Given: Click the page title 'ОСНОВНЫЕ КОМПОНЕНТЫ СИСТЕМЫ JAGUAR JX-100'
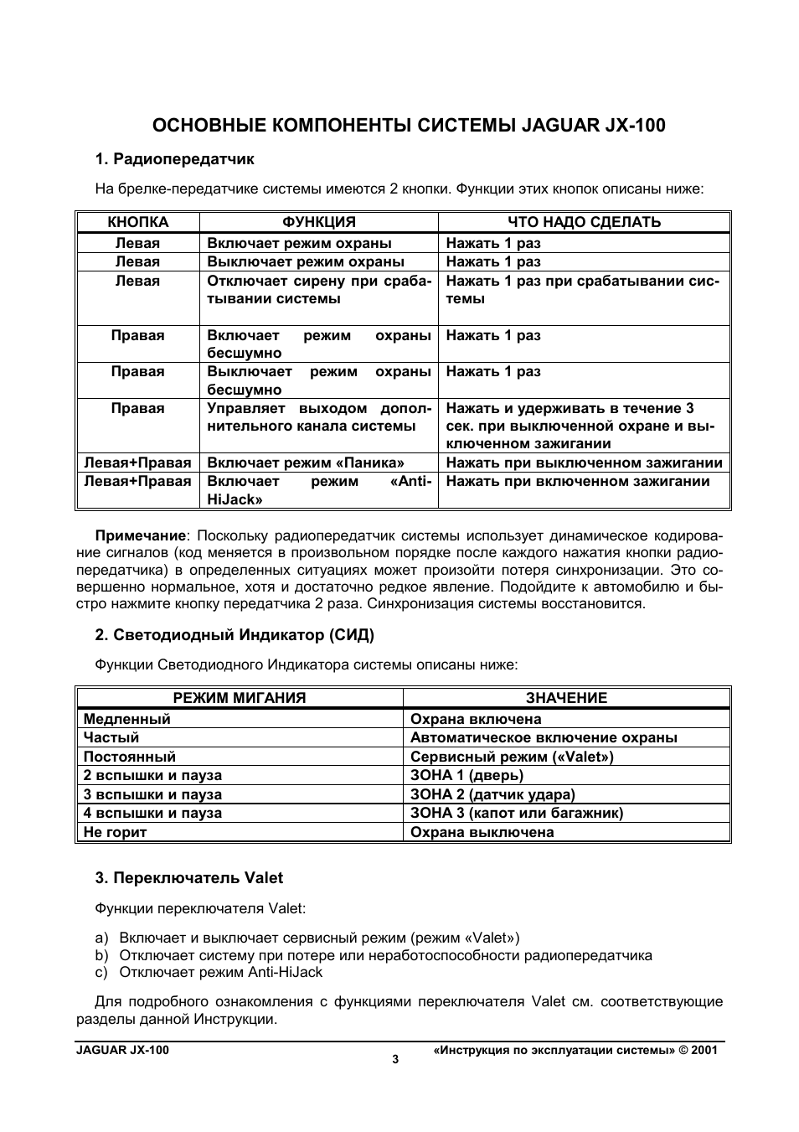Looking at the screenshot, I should pos(409,126).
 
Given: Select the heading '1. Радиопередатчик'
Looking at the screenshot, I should pos(174,159).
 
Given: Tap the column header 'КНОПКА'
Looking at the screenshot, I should pos(138,222).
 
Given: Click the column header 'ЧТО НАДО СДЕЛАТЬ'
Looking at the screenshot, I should pos(584,222).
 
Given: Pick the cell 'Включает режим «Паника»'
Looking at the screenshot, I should pos(306,463).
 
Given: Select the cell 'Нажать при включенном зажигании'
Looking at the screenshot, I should pos(577,481).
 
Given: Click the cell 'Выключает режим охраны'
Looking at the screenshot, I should pos(306,261).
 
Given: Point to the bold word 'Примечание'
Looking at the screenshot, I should pos(140,535).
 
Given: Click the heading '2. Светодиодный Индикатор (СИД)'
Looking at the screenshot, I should pos(234,635).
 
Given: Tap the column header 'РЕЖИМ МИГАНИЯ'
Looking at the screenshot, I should pos(240,698).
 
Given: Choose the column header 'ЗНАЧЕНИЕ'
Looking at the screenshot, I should pos(566,698).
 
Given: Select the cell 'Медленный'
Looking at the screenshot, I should pos(127,719).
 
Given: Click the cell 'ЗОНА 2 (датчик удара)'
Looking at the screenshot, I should pos(492,794).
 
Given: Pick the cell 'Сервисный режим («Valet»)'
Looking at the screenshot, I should pos(512,757).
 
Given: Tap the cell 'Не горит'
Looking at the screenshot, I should pos(116,832).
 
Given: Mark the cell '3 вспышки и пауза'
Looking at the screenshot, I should pos(152,794).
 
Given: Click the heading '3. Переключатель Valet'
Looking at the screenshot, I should pos(188,878).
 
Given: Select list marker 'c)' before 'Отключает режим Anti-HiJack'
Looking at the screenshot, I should pos(101,973).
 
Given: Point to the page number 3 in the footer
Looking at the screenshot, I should pos(396,1059).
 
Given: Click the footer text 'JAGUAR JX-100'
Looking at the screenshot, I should pos(121,1050).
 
